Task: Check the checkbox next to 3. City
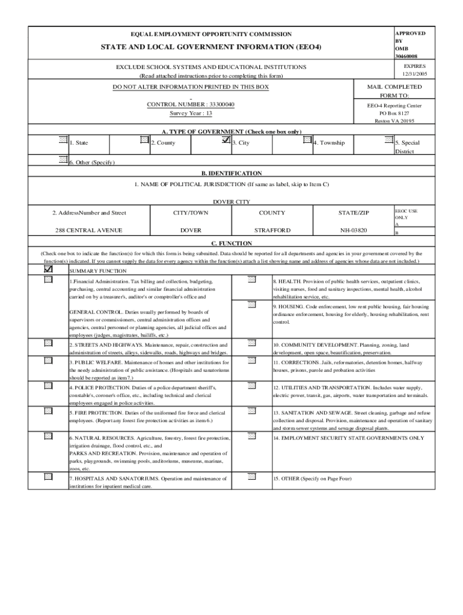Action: tap(226, 140)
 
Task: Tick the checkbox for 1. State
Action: tap(63, 140)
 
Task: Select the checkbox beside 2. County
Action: tap(144, 140)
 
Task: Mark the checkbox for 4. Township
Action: tap(308, 140)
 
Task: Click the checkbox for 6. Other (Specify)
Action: tap(63, 159)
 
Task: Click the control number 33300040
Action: tap(191, 105)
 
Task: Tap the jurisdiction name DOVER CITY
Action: tap(231, 201)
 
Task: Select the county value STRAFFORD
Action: tap(272, 230)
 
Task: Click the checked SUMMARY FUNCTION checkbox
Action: tap(48, 270)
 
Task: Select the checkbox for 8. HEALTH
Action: tap(252, 279)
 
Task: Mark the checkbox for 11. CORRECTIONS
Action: tap(252, 361)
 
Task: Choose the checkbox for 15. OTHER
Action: tap(252, 477)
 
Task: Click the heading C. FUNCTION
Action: tap(231, 243)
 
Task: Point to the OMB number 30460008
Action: tap(406, 56)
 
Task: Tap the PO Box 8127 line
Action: tap(394, 113)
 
